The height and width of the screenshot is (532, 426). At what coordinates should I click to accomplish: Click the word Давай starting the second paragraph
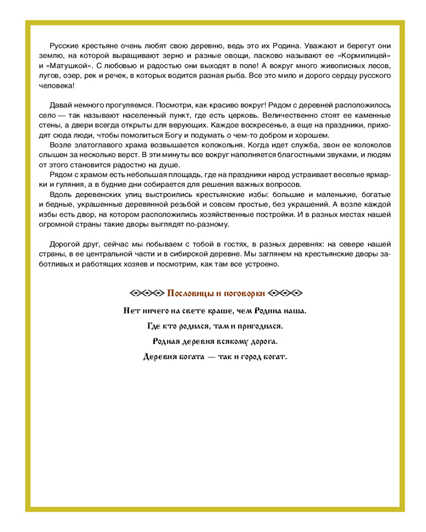pyautogui.click(x=60, y=105)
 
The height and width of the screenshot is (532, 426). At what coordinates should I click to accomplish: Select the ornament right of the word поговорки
pyautogui.click(x=285, y=293)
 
